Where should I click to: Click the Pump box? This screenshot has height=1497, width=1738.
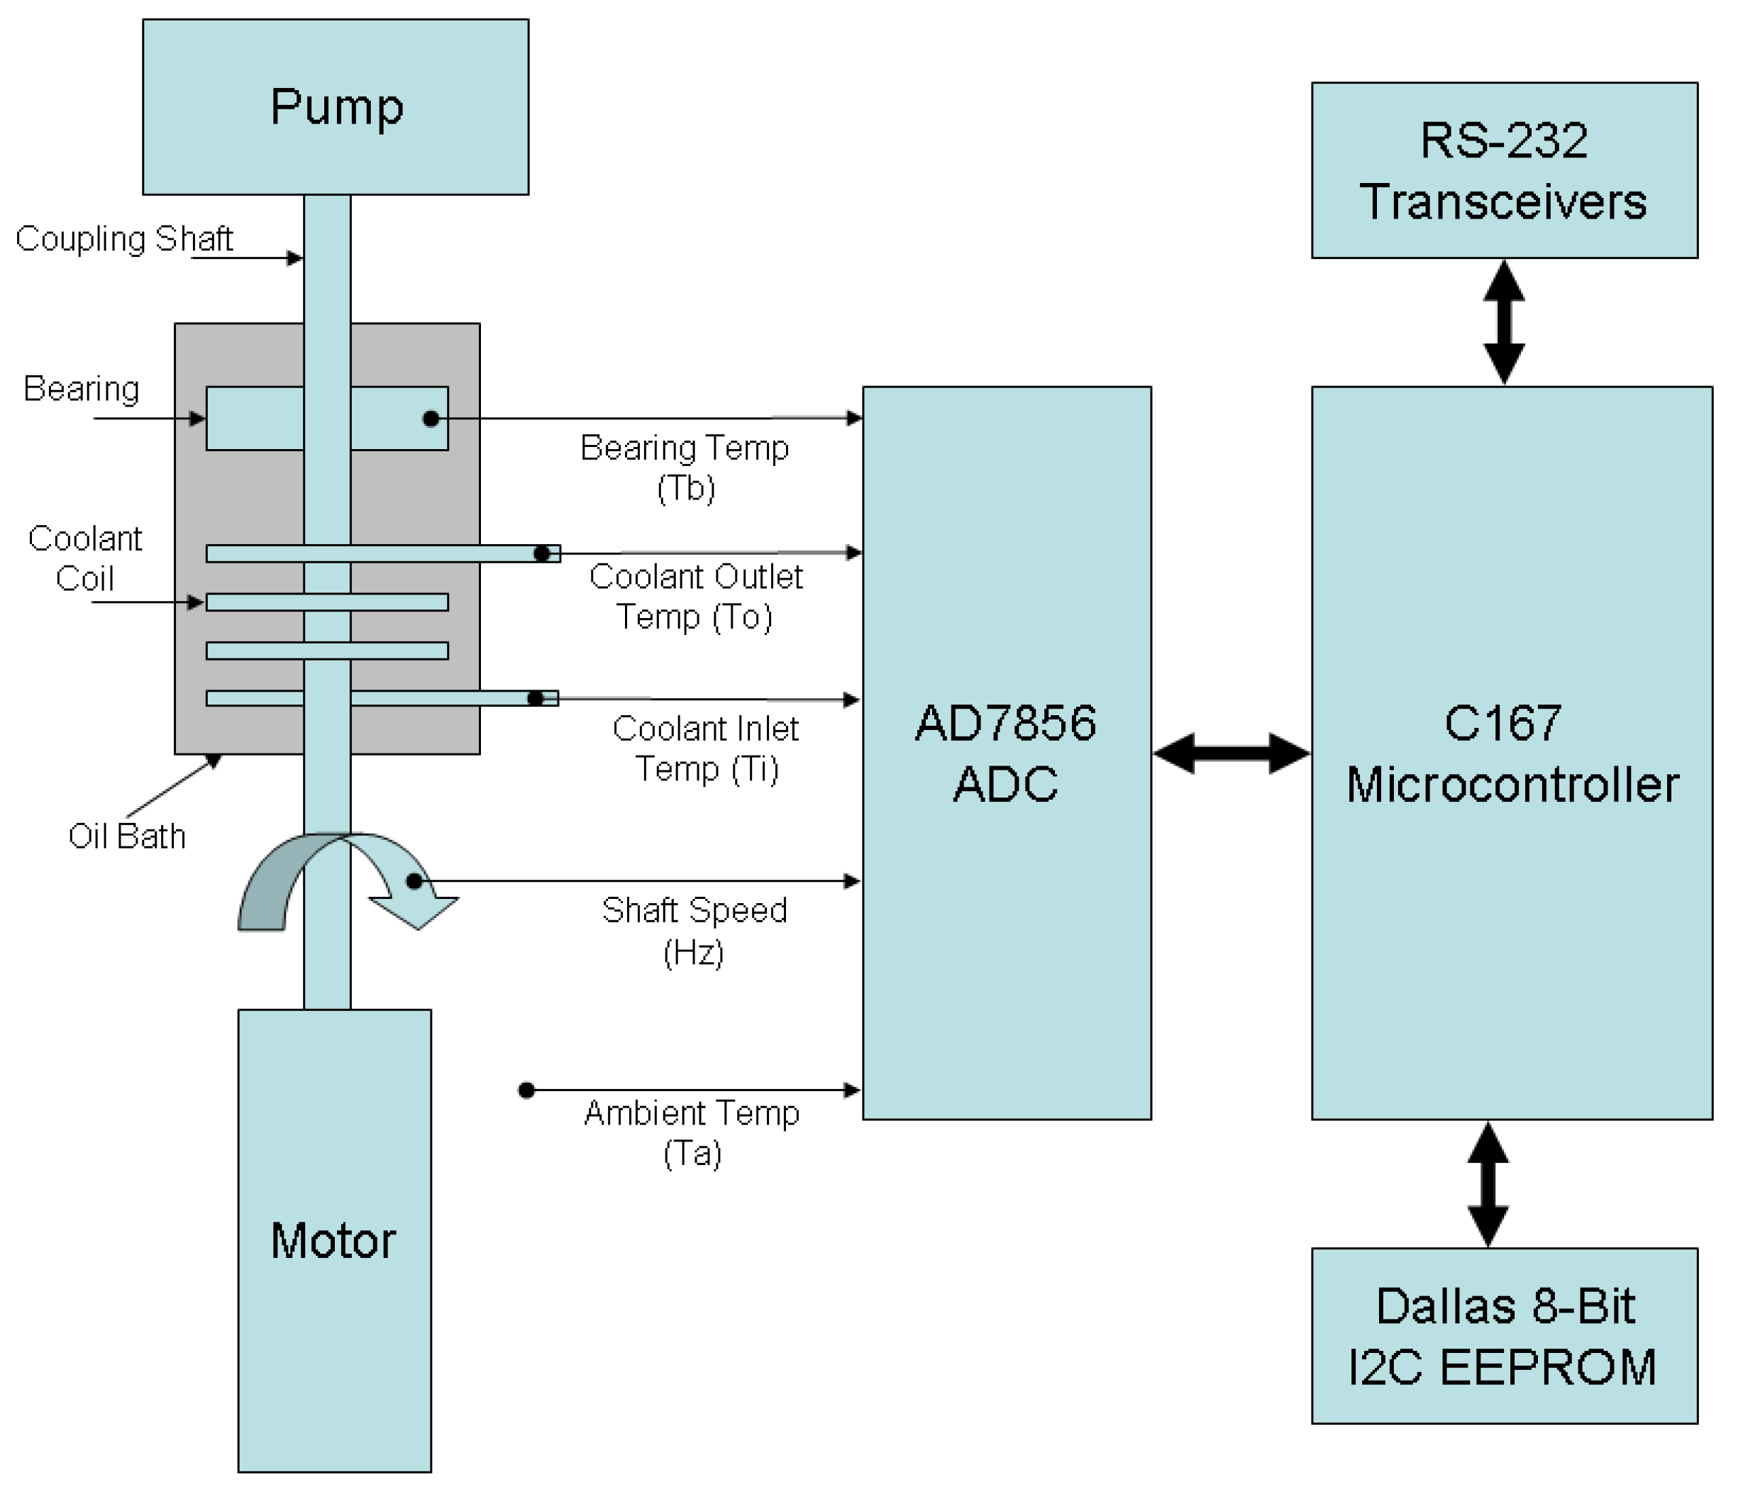click(336, 107)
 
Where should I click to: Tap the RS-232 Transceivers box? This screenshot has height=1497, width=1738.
click(1504, 170)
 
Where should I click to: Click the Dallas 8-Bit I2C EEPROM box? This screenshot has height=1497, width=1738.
click(1504, 1336)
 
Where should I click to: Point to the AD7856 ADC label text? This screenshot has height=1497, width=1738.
click(1006, 753)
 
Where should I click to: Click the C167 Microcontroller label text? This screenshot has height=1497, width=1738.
click(1512, 753)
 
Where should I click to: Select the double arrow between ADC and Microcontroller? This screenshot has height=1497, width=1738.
click(1231, 753)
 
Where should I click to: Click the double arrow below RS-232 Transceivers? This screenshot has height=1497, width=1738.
click(1504, 322)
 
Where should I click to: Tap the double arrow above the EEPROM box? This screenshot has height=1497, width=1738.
click(1488, 1184)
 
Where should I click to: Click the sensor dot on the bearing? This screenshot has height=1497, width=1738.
click(431, 418)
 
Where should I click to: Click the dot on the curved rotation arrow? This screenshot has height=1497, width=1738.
click(414, 881)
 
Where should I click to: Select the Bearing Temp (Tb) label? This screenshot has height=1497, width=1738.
click(685, 468)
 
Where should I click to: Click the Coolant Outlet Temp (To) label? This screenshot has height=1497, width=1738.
click(695, 597)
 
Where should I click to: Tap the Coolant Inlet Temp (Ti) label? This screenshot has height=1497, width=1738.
click(705, 748)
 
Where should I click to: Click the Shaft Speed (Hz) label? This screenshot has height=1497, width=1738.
click(694, 931)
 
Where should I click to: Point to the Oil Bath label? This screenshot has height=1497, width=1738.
click(127, 836)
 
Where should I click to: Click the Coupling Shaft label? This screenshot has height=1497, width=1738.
click(124, 239)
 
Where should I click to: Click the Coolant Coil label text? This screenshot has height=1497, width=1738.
click(84, 558)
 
